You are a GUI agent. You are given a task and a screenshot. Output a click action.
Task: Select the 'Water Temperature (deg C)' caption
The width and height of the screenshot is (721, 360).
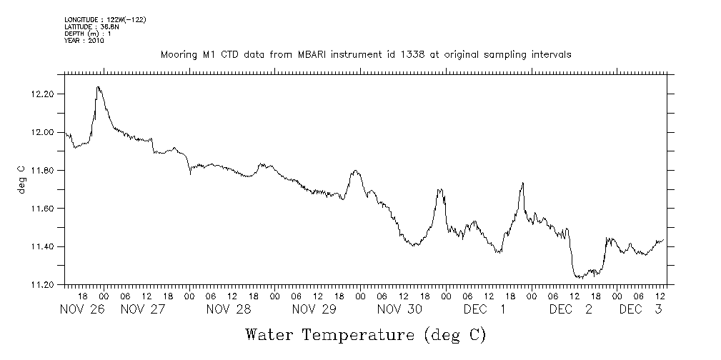point(366,334)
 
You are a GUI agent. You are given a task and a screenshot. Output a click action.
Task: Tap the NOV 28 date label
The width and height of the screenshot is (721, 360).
point(229,309)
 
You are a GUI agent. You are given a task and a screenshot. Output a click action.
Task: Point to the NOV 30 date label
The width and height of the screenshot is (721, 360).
point(400,309)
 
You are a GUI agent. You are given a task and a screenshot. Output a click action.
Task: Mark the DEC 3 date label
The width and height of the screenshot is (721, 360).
point(640,309)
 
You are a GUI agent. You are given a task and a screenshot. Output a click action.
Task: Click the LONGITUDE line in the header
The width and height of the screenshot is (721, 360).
point(105,20)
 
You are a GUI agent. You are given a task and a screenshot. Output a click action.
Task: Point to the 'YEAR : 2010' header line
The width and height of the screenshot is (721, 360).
point(84,41)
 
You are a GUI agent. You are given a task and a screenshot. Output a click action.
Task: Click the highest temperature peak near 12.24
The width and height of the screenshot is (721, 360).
point(98,87)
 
